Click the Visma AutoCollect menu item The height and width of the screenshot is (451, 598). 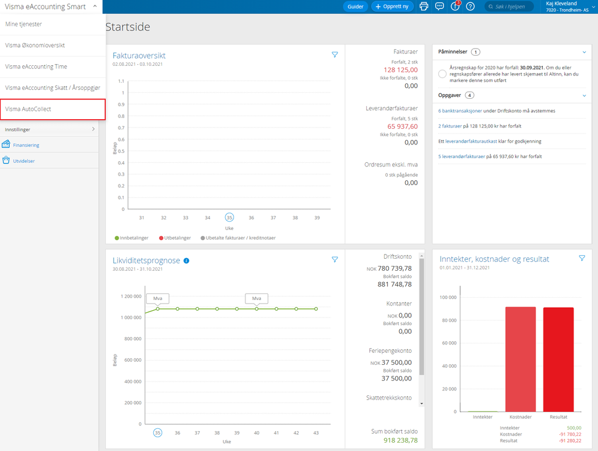tap(53, 110)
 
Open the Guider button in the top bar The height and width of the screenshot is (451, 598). tap(355, 7)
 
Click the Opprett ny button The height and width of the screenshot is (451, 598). tap(392, 7)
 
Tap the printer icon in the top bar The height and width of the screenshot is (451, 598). tap(424, 7)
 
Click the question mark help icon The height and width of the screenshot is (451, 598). tap(470, 7)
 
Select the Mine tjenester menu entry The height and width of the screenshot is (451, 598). tap(24, 24)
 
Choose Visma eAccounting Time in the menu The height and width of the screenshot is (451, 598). tap(37, 66)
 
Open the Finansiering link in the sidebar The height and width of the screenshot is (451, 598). tap(26, 145)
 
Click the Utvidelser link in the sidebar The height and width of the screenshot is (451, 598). tap(24, 161)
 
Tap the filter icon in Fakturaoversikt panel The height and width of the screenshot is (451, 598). tap(335, 55)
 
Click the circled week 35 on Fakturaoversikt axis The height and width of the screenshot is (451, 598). tap(229, 217)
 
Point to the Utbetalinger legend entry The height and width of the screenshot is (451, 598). tap(175, 238)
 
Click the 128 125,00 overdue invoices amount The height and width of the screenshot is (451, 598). tap(400, 70)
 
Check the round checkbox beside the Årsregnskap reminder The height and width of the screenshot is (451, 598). tap(442, 74)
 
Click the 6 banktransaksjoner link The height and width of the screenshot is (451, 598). tap(460, 111)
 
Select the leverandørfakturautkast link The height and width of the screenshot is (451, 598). tap(471, 141)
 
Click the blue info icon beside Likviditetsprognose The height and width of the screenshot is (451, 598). tap(187, 261)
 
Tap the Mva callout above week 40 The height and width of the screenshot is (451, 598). tap(257, 299)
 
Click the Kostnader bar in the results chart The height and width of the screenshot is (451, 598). tap(521, 359)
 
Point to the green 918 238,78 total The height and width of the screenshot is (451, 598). tap(400, 440)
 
